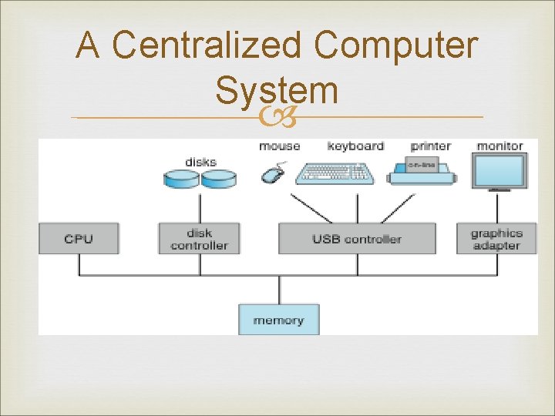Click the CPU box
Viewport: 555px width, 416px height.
[79, 239]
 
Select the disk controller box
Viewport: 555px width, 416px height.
[199, 239]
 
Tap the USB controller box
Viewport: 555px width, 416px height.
[356, 239]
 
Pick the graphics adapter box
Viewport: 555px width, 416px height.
[496, 239]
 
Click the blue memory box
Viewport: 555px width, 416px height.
[278, 320]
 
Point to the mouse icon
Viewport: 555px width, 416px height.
[272, 173]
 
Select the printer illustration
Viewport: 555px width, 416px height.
[420, 170]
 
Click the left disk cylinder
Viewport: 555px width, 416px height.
[181, 179]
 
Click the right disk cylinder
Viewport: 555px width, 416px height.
[219, 179]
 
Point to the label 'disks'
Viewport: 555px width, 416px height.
[200, 162]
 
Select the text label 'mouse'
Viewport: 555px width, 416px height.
[279, 146]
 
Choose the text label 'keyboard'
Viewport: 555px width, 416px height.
[355, 146]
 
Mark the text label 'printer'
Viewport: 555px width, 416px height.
[430, 146]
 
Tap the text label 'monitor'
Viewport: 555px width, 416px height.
[499, 146]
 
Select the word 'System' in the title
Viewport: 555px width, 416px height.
[277, 90]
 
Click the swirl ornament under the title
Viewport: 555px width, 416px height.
[277, 118]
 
